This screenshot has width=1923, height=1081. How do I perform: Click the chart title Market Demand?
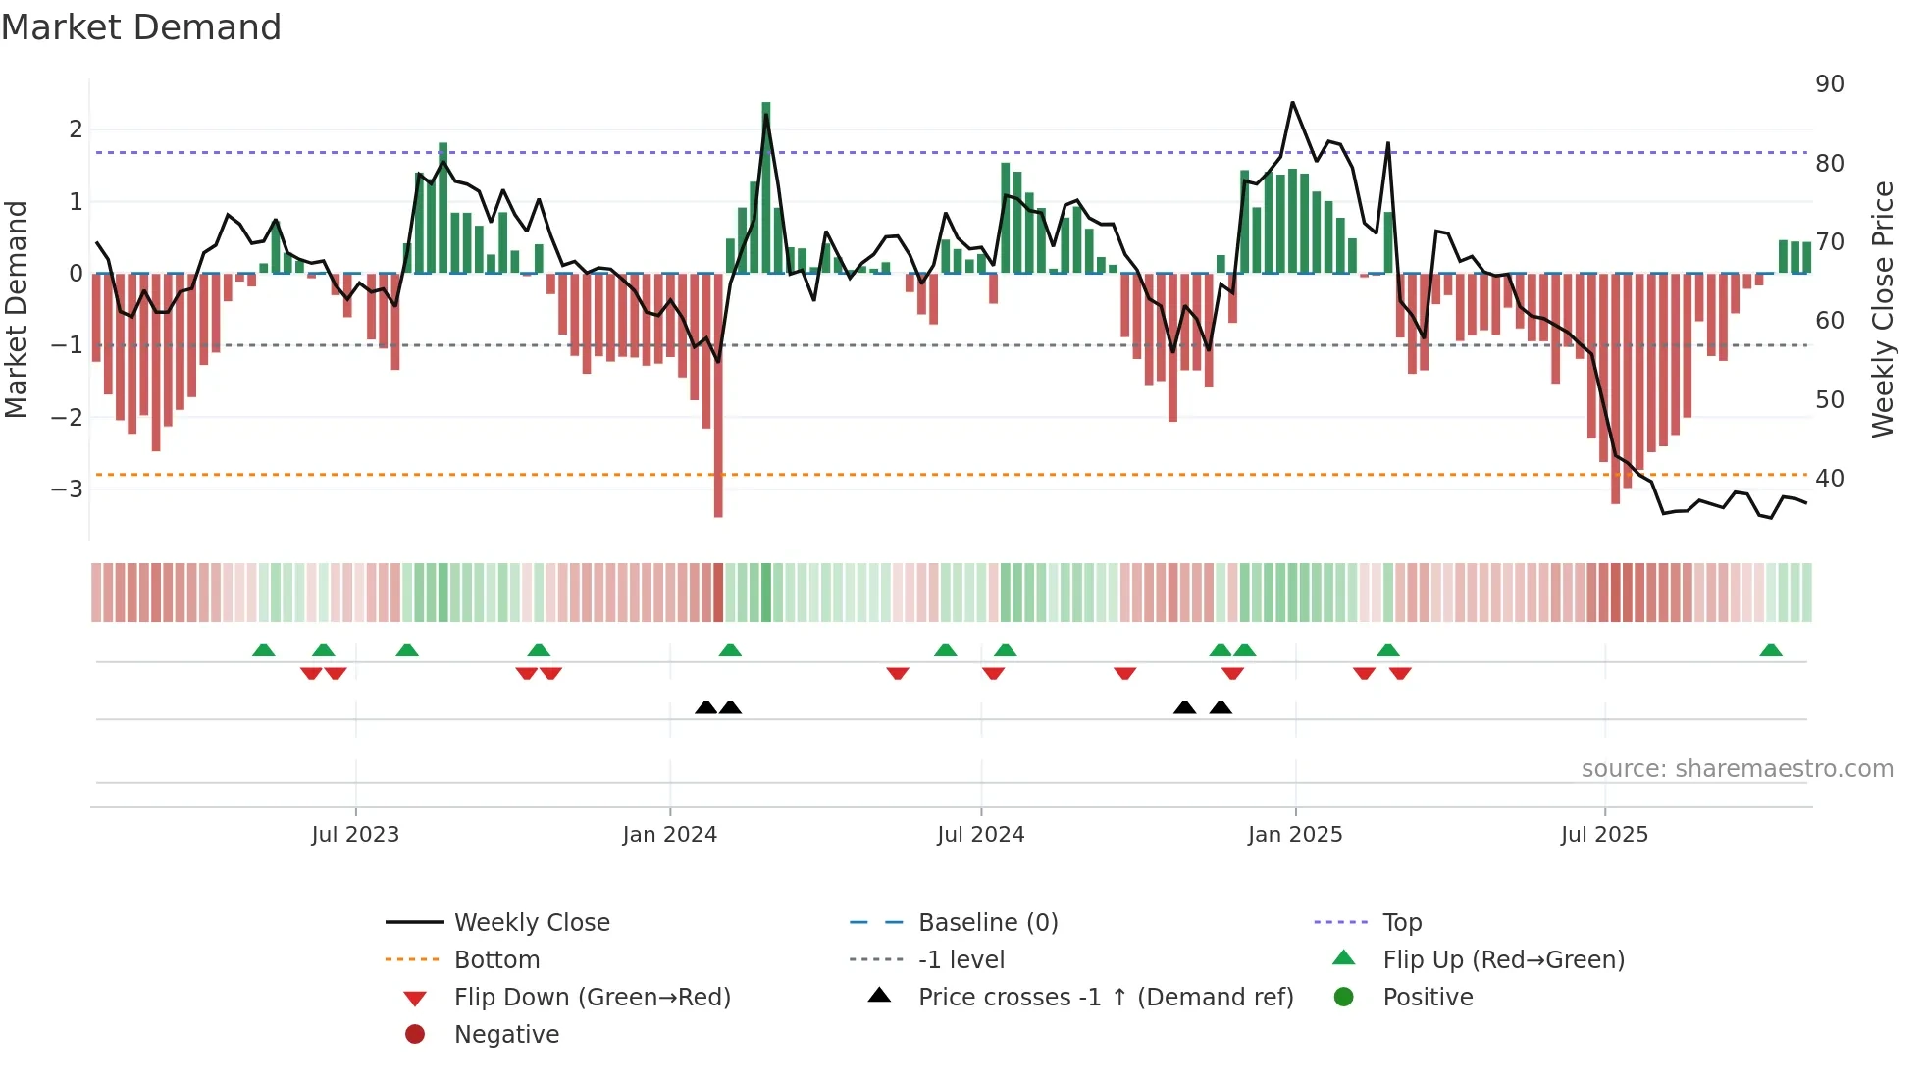[x=141, y=27]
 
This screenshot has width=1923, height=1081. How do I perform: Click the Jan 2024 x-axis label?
[x=669, y=835]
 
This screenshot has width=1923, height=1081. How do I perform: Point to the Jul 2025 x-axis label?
[x=1604, y=835]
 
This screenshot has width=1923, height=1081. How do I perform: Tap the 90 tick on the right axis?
[x=1830, y=84]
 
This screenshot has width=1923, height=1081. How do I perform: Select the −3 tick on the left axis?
[x=67, y=489]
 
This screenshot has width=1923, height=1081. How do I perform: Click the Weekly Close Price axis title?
[x=1882, y=309]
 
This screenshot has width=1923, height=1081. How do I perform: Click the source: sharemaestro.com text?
[x=1737, y=769]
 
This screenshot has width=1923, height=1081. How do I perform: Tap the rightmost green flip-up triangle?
[x=1771, y=651]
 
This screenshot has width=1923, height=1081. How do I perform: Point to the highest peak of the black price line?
[x=1292, y=103]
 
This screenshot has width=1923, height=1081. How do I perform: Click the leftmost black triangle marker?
[x=705, y=708]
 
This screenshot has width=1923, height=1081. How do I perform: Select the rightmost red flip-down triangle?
[x=1400, y=673]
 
